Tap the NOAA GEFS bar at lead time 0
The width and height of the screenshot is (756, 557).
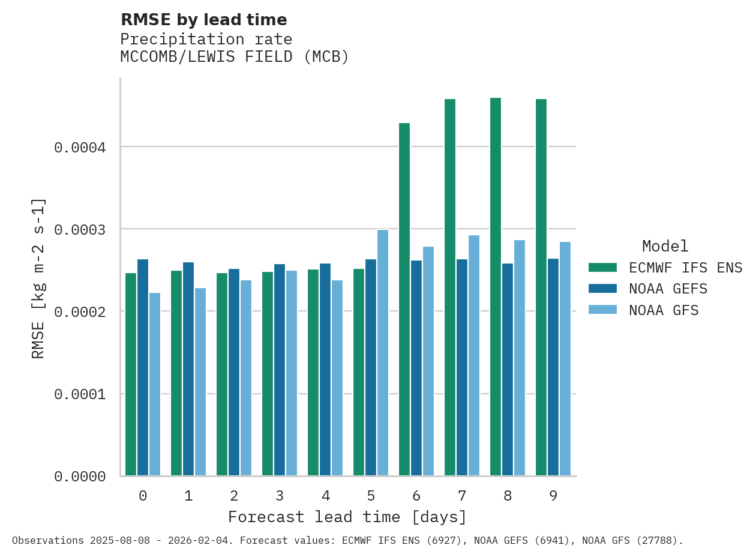click(x=143, y=367)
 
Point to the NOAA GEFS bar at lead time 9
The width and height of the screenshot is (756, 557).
click(x=553, y=367)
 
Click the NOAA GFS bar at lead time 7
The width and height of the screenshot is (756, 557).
click(x=474, y=355)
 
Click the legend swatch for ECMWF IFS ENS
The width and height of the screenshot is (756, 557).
click(x=602, y=268)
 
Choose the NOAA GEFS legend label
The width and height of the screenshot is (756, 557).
click(x=668, y=289)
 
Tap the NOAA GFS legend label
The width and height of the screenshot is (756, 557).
click(x=664, y=311)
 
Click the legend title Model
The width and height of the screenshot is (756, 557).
click(x=665, y=247)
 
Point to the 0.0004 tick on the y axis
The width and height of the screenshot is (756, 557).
click(x=80, y=148)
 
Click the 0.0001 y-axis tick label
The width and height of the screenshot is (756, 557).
click(x=80, y=394)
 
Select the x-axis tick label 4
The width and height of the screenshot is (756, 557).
click(x=325, y=496)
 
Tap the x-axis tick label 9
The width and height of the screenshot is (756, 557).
click(x=553, y=496)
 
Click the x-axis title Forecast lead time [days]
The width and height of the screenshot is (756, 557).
click(x=347, y=517)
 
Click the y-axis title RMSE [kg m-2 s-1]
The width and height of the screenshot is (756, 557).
click(x=38, y=278)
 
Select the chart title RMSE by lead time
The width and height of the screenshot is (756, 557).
click(x=204, y=20)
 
